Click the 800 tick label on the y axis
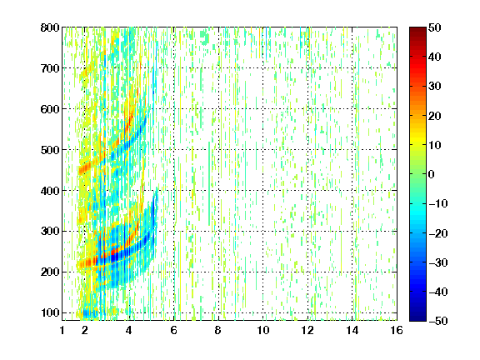tap(50, 27)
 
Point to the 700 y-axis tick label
tap(50, 68)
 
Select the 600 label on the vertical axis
tap(50, 109)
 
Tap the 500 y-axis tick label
tap(50, 150)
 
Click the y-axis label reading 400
tap(50, 191)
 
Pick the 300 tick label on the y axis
tap(50, 231)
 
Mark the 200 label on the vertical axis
tap(50, 272)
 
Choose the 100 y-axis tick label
tap(50, 312)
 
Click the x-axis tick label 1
tap(62, 330)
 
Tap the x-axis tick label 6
tap(174, 330)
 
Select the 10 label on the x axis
tap(263, 330)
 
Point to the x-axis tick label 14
tap(352, 330)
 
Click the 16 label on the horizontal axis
tap(397, 330)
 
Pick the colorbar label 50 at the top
tap(435, 27)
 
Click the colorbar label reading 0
tap(432, 174)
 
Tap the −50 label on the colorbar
tap(438, 321)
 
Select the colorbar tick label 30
tap(435, 86)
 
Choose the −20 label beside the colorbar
tap(438, 233)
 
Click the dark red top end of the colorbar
tap(417, 30)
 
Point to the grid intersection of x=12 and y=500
tap(307, 150)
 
